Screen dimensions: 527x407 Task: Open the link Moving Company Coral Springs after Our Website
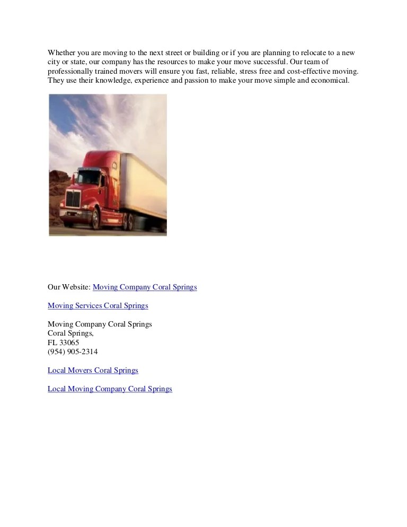(x=145, y=287)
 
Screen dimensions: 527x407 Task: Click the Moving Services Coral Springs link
(x=98, y=306)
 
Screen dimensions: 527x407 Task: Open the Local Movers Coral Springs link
(x=93, y=370)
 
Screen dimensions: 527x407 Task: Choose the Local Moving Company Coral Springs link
(x=110, y=389)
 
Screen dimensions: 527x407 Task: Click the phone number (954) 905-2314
(x=73, y=352)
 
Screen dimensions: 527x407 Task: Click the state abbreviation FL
(x=52, y=342)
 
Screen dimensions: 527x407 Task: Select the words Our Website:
(x=69, y=287)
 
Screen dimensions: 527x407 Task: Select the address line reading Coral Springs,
(x=70, y=333)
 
